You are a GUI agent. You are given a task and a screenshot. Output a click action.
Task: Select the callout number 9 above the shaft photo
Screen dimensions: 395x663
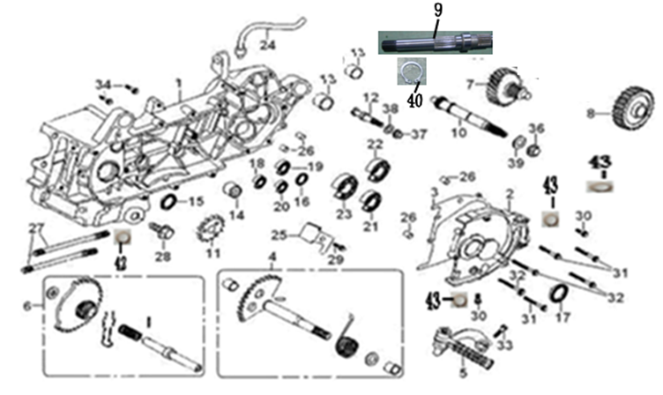pos(437,12)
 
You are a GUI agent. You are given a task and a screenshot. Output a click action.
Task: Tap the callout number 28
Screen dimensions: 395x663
pos(161,257)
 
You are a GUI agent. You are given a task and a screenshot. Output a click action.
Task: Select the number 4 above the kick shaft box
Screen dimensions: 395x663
pos(273,257)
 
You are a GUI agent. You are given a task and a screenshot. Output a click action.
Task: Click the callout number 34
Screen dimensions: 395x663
pos(102,84)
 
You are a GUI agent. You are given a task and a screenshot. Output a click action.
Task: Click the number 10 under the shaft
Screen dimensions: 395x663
pos(458,134)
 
